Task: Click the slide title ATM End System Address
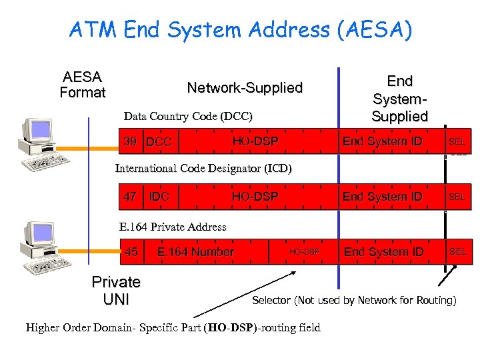241,30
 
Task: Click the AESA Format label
83,85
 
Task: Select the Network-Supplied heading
245,88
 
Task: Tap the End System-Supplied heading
399,99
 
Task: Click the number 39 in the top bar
131,141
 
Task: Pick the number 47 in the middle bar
131,197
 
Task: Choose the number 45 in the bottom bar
131,251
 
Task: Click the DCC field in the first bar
159,142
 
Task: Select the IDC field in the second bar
159,197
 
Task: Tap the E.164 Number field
195,252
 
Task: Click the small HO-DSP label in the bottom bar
304,252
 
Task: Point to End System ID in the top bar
383,141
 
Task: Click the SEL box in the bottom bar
458,251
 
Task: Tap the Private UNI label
116,291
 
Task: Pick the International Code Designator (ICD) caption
203,168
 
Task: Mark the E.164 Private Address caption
173,227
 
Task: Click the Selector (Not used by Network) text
354,301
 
